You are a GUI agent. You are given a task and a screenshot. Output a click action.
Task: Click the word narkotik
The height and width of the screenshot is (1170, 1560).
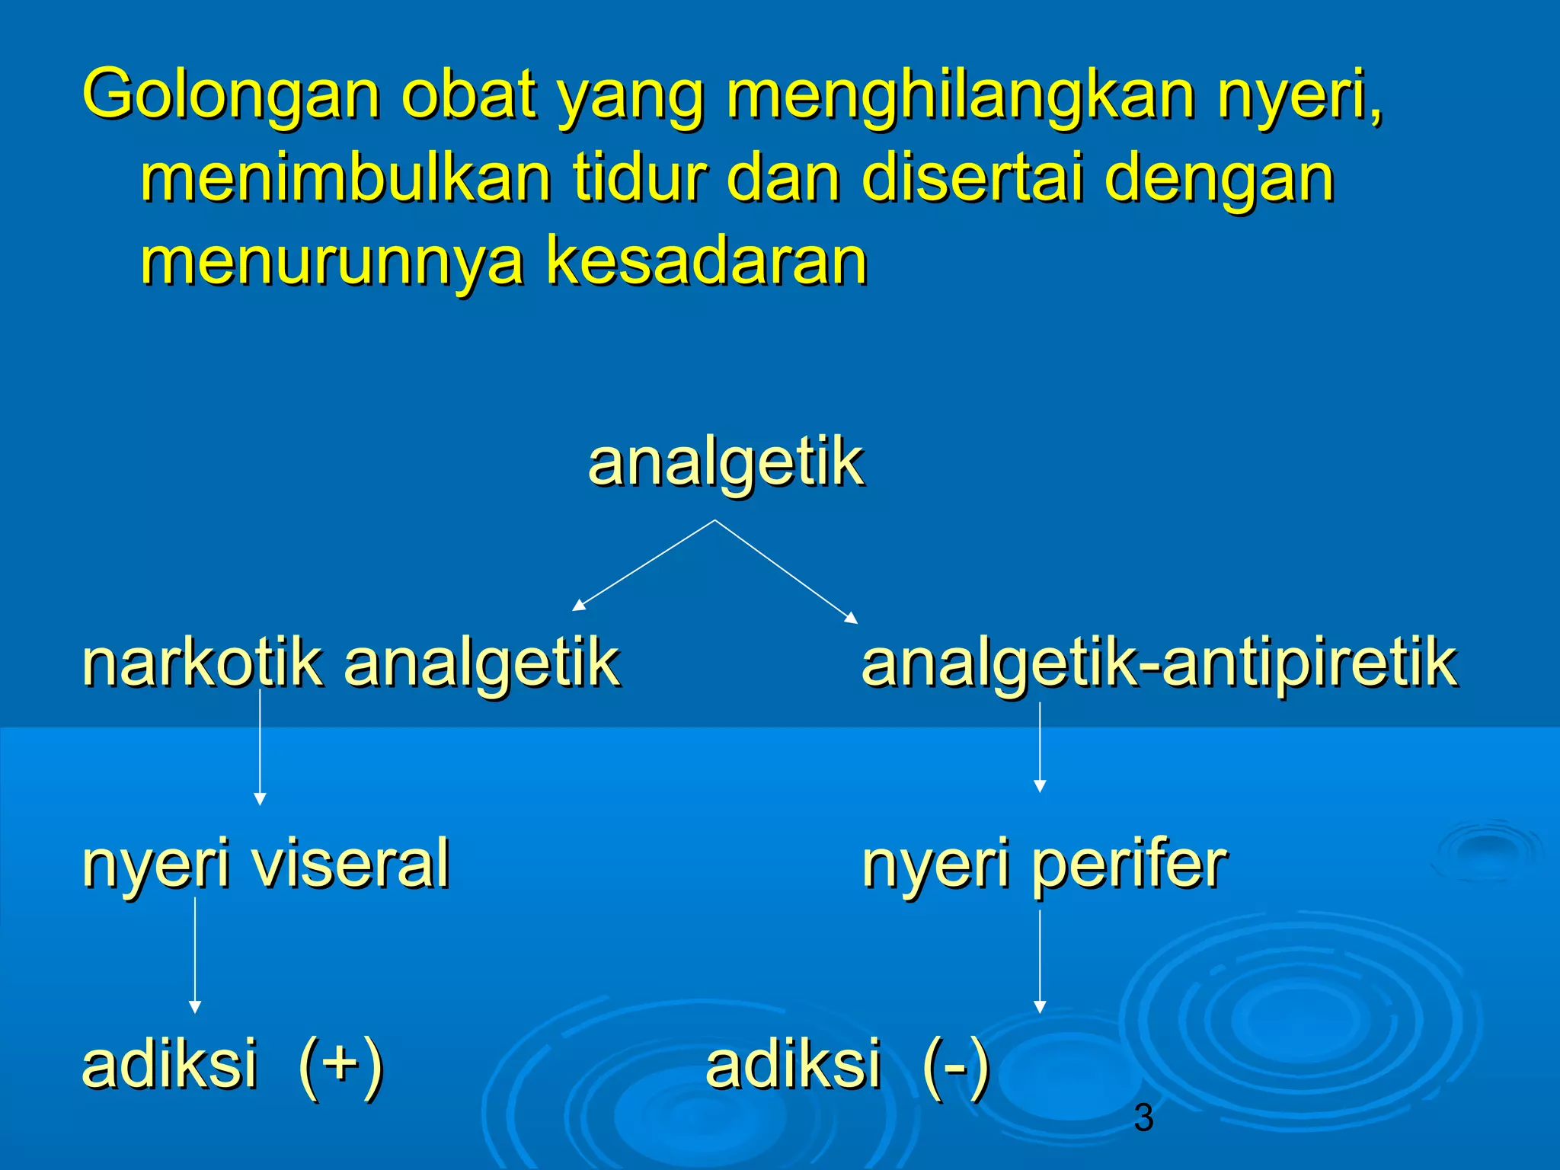tap(202, 662)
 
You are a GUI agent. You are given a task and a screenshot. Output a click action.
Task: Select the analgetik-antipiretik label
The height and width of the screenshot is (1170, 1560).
tap(1159, 662)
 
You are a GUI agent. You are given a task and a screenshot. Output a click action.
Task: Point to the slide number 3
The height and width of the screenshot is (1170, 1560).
tap(1143, 1117)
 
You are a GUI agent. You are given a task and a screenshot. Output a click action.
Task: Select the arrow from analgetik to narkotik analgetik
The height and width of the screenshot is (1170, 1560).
tap(644, 565)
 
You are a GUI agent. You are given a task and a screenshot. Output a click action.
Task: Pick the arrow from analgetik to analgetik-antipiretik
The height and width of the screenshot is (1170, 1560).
tap(785, 571)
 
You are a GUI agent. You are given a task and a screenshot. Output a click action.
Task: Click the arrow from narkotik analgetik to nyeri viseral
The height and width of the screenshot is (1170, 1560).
tap(260, 746)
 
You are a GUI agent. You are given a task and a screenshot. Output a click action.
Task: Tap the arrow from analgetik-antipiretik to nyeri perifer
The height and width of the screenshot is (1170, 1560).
tap(1040, 746)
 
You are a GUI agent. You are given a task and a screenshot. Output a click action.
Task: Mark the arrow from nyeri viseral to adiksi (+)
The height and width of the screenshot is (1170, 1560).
tap(195, 955)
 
